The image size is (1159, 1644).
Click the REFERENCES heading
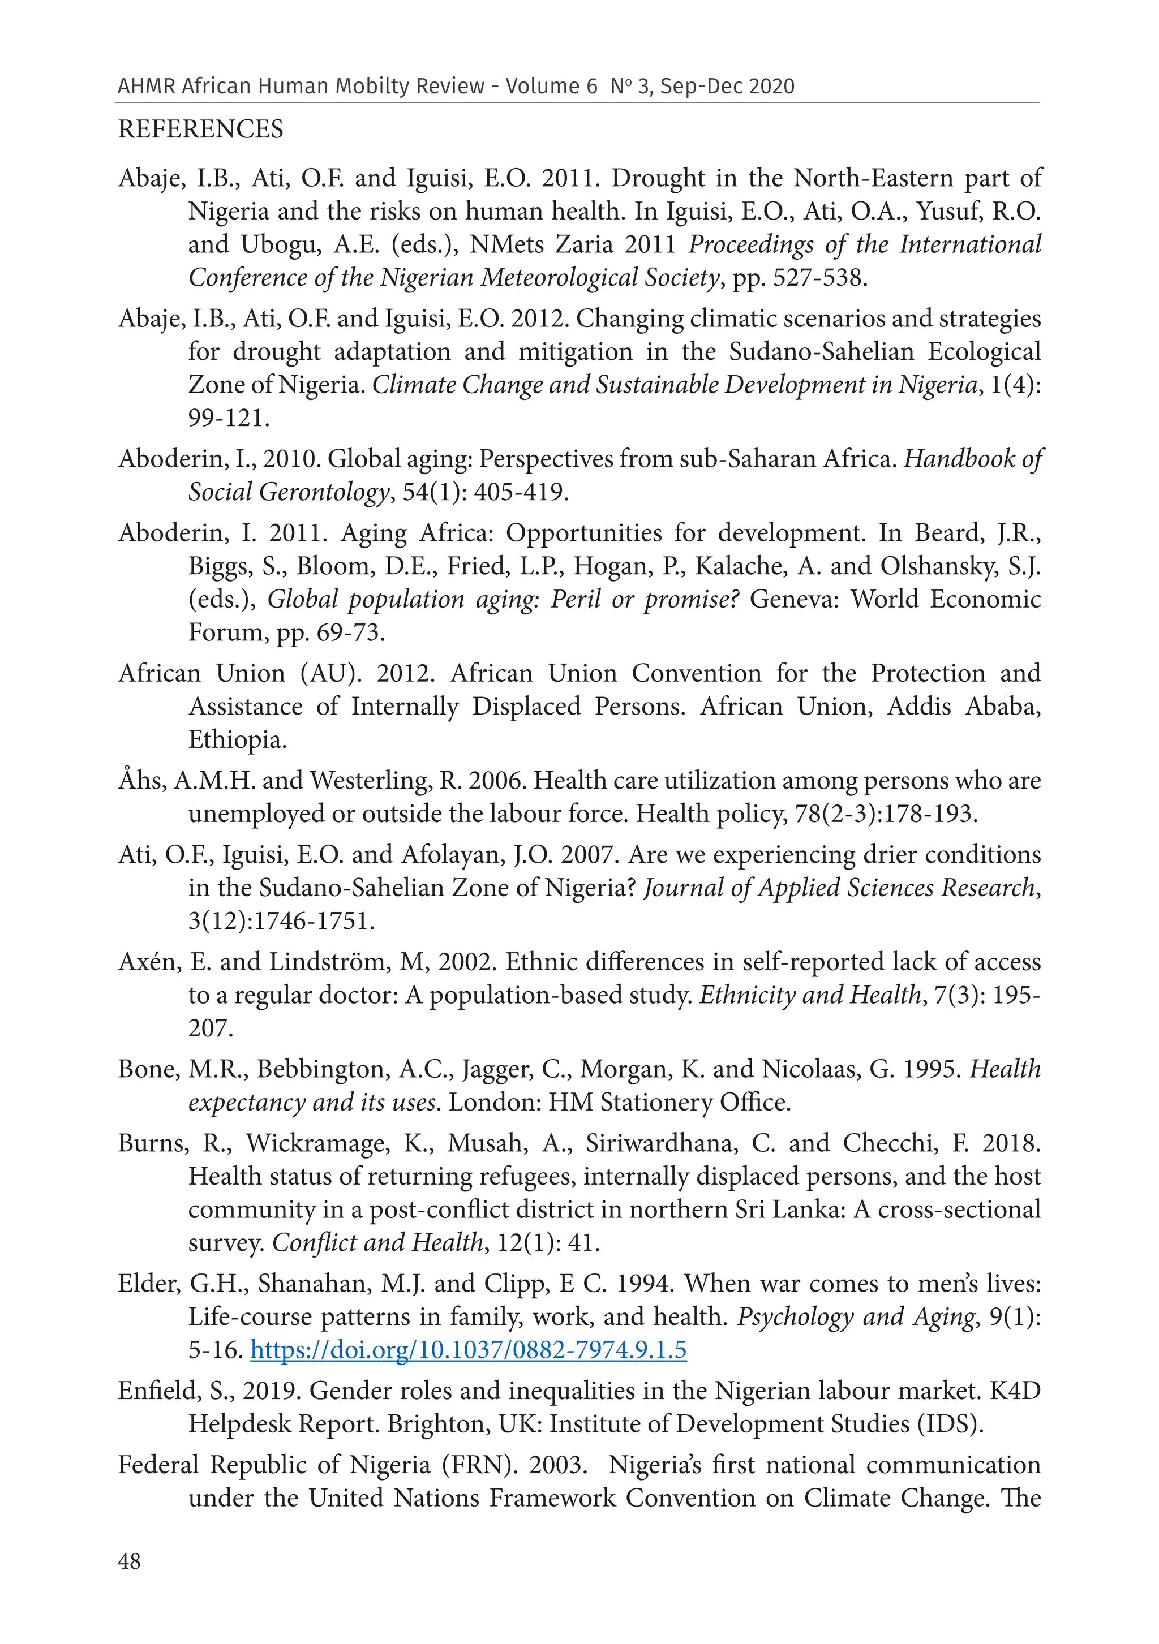coord(200,130)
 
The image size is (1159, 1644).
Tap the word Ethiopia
coord(237,739)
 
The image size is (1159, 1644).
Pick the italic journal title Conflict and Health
coord(377,1242)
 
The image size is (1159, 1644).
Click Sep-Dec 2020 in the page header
coord(727,87)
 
